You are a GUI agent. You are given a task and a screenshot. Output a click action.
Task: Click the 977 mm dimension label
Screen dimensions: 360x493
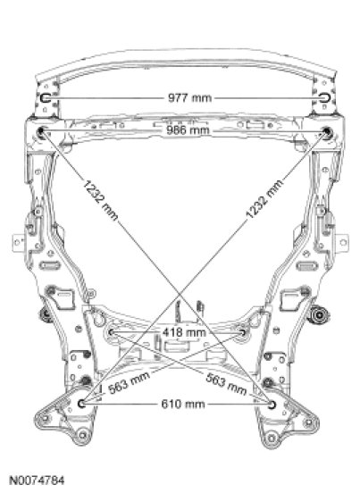click(189, 97)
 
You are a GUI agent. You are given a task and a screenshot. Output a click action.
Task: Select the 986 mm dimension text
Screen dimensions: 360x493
click(188, 130)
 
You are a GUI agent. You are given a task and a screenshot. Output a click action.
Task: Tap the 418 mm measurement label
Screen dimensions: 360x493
click(184, 332)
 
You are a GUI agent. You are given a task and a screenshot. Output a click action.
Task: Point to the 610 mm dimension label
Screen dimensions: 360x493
click(183, 404)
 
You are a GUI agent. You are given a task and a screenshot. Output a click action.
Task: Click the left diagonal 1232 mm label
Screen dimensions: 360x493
click(100, 200)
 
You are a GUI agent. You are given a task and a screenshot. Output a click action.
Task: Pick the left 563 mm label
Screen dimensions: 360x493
click(129, 382)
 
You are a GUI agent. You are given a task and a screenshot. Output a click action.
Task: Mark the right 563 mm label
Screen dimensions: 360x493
click(226, 383)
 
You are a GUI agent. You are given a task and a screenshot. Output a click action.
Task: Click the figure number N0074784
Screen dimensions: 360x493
click(38, 480)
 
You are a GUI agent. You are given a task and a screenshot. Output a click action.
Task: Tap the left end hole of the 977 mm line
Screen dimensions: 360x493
click(46, 97)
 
